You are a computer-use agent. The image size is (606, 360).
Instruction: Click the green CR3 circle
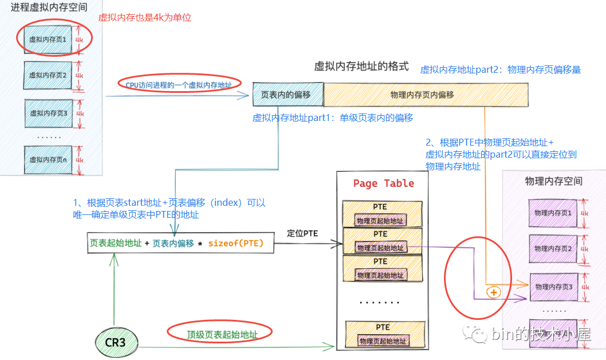[x=115, y=343]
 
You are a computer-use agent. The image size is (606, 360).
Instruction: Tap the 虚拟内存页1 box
[x=49, y=40]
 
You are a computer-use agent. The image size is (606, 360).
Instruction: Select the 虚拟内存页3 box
[x=49, y=113]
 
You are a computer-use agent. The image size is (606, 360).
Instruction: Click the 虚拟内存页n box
[x=49, y=160]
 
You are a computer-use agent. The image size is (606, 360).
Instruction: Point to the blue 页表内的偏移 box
[x=288, y=95]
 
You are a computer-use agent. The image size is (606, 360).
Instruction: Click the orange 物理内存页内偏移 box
[x=426, y=95]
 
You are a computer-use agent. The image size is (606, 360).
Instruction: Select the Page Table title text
[x=383, y=183]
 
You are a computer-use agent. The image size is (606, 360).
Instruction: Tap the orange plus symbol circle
[x=493, y=292]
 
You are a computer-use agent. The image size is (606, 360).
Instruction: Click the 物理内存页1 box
[x=553, y=213]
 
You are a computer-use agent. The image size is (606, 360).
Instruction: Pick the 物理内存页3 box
[x=553, y=286]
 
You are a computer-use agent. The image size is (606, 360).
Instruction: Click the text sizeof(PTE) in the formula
[x=235, y=243]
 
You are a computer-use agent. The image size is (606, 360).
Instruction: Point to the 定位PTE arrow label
[x=302, y=233]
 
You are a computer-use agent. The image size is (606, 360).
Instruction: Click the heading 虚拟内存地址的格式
[x=361, y=66]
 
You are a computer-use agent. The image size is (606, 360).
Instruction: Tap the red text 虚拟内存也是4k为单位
[x=145, y=18]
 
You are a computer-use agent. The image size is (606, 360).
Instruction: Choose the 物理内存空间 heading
[x=553, y=181]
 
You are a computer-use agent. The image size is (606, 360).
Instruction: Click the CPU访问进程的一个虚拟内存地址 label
[x=179, y=85]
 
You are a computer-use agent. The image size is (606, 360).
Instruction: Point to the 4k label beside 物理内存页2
[x=584, y=249]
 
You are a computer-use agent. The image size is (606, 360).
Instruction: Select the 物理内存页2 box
[x=553, y=249]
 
